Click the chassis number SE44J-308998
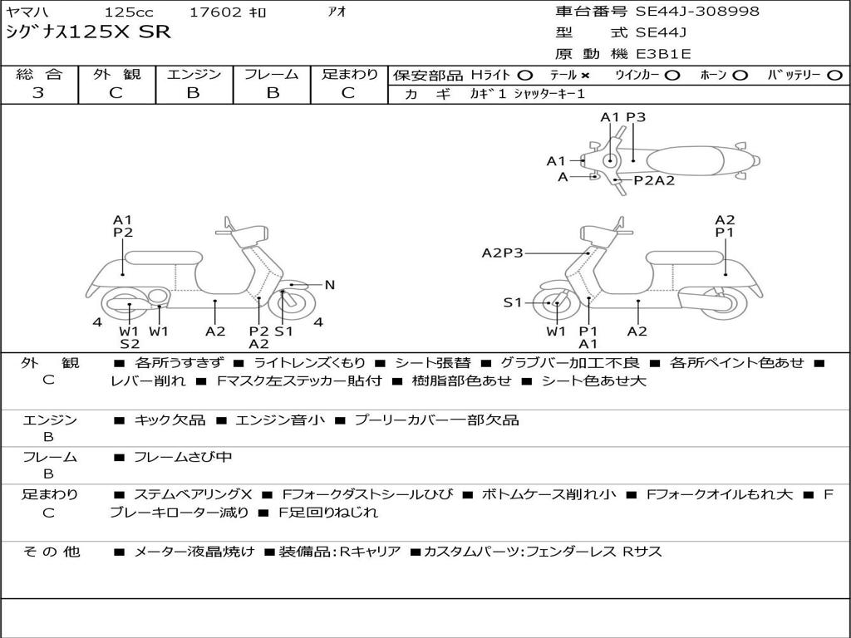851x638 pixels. tap(697, 12)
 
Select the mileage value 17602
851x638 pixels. tap(215, 12)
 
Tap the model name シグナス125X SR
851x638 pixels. tap(88, 32)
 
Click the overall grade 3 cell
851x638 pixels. tap(38, 93)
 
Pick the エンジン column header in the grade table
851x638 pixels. tap(194, 75)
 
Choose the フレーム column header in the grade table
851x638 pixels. tap(271, 75)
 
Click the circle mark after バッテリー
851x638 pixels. tap(835, 75)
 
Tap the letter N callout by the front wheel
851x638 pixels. tap(329, 285)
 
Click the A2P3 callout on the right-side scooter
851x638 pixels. tap(502, 253)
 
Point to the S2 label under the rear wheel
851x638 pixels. tap(130, 344)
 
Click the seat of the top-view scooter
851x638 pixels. tap(686, 159)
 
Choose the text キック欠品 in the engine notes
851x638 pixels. tap(170, 420)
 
